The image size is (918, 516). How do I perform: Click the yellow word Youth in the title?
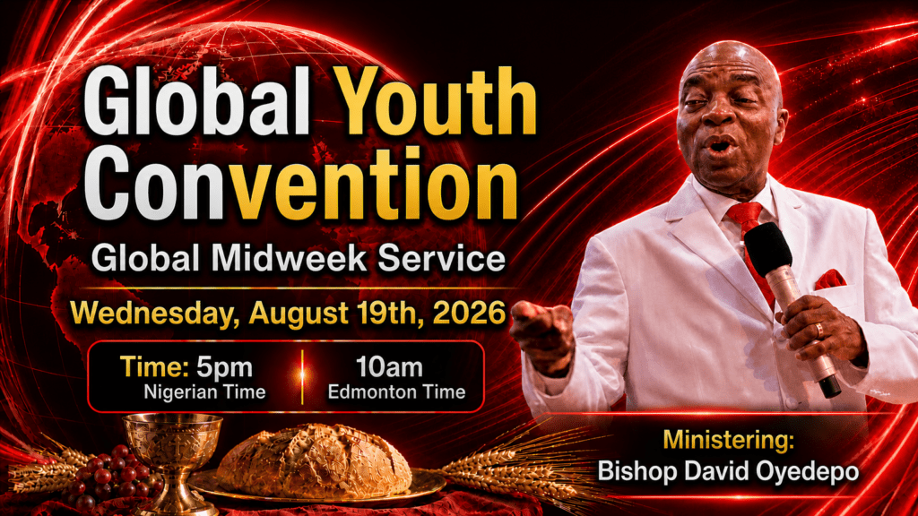point(437,102)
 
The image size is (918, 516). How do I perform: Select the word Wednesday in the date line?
point(155,313)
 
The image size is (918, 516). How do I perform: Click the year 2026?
point(469,313)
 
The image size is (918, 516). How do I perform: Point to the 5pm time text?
point(224,367)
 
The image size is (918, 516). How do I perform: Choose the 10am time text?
point(389,367)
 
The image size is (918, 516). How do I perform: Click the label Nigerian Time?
point(205,392)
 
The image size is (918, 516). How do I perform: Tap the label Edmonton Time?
point(396,392)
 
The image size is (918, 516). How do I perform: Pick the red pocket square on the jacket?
point(830,279)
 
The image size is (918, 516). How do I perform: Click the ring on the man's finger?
point(819,330)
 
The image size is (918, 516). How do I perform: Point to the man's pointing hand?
point(542,337)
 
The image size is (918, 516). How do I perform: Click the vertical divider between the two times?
point(303,377)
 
